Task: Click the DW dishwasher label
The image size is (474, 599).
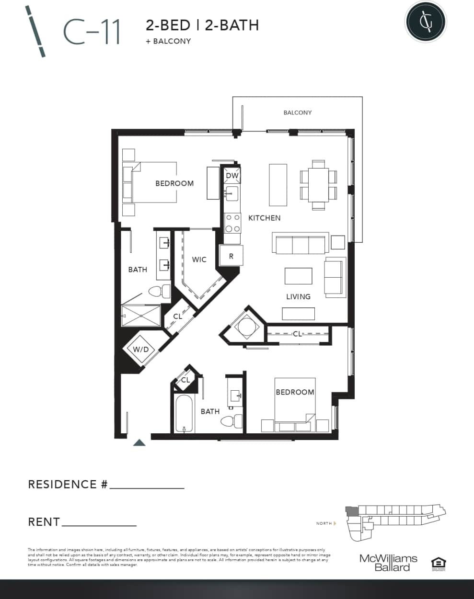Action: pos(232,176)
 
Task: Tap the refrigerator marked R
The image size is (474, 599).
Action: pos(231,256)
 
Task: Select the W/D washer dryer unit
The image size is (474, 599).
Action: pos(140,350)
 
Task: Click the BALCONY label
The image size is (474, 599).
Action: pos(297,113)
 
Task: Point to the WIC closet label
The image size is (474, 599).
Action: pos(199,260)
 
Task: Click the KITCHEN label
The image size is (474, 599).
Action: pos(264,218)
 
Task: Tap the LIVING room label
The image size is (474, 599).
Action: pos(298,296)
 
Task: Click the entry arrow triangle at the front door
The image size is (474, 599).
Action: pos(139,442)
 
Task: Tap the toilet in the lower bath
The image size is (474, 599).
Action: pos(231,421)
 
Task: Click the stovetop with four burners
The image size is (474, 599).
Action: pos(233,223)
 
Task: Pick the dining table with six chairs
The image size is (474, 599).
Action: pos(318,185)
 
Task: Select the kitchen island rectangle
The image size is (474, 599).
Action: pos(278,184)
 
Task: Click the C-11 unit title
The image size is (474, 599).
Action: pos(91,33)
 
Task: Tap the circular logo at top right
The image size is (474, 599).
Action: pos(425,21)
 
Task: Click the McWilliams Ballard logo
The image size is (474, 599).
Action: pos(388,563)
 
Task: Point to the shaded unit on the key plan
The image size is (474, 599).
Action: pos(351,511)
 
